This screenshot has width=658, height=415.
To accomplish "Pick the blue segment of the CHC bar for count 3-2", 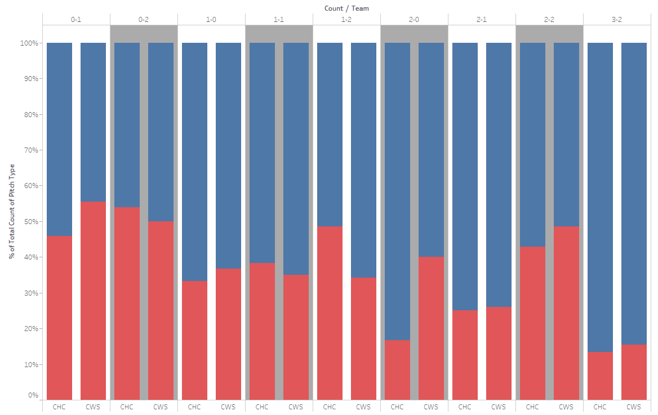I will point(600,197).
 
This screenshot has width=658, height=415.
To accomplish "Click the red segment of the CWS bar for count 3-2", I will point(634,372).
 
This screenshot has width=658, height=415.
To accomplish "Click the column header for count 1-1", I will point(279,20).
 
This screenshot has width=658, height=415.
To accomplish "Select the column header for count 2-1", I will point(482,20).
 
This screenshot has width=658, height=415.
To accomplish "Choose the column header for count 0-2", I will point(144,20).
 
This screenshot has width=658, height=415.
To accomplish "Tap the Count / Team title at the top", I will point(346,8).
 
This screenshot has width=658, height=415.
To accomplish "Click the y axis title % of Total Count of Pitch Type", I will point(12,211).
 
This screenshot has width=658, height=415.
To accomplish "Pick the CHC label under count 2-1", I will point(465,407).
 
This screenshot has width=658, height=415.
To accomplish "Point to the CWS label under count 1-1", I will point(296,407).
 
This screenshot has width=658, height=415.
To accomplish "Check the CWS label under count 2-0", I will point(431,407).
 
